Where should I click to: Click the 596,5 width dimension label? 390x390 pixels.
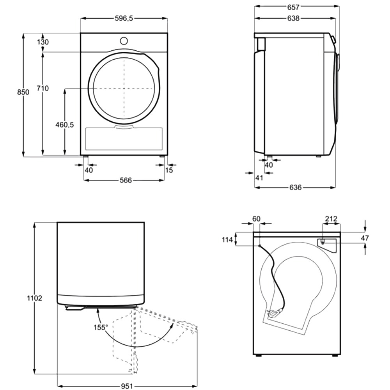click(124, 18)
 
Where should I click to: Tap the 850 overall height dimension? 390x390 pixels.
click(23, 92)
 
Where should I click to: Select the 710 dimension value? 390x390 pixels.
click(43, 89)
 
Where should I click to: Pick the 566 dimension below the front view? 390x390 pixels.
click(126, 180)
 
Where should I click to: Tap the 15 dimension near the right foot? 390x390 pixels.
click(169, 170)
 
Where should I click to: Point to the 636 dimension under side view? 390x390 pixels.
click(296, 188)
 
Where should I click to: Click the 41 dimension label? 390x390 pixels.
click(259, 178)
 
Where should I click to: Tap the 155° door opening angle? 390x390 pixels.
click(101, 327)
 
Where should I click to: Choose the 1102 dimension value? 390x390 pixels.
click(35, 298)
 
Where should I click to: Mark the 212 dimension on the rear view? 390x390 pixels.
click(331, 219)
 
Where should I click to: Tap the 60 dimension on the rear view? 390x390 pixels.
click(256, 219)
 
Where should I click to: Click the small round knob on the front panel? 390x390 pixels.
click(124, 40)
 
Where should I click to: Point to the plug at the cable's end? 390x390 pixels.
click(273, 312)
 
